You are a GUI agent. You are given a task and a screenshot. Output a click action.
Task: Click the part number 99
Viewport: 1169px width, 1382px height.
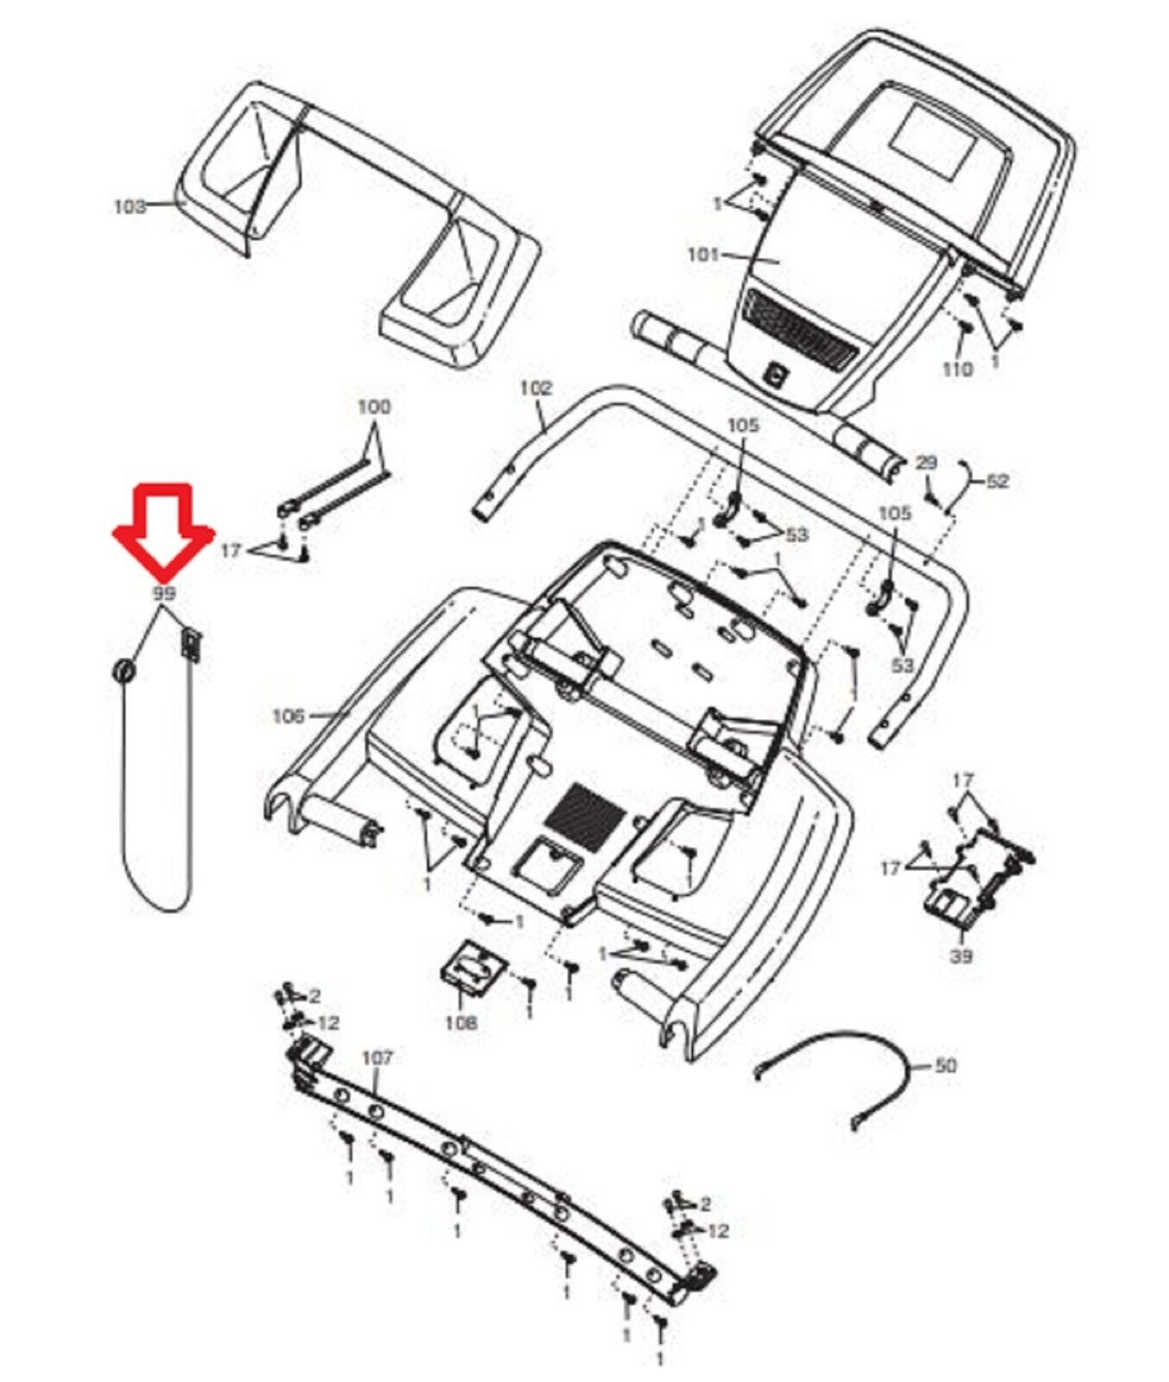[163, 593]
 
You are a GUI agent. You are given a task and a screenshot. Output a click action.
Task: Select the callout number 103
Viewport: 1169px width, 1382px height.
[130, 206]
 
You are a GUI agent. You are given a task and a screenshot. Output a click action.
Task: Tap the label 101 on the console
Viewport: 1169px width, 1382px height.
[703, 255]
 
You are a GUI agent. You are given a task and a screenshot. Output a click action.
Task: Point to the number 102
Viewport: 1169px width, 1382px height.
[536, 389]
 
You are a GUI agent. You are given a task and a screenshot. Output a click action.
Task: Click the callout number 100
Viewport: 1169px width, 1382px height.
[374, 407]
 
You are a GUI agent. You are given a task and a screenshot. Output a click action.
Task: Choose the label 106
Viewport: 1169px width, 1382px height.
[289, 715]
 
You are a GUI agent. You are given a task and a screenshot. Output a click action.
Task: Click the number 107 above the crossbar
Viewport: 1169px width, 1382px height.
[377, 1057]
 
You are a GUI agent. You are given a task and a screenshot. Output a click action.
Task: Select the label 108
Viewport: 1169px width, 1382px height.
[461, 1023]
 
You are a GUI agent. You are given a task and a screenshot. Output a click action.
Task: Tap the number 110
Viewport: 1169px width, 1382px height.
[957, 369]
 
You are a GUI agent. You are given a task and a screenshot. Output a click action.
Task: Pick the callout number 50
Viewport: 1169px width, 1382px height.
[946, 1066]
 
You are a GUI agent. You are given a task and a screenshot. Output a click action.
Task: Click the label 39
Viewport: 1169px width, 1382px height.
[961, 956]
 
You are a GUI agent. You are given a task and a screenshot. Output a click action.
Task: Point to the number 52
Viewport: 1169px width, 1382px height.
[997, 480]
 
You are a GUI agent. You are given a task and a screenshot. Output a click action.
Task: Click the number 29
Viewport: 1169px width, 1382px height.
[926, 463]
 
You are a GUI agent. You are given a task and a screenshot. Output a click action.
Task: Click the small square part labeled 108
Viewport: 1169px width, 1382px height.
[472, 968]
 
